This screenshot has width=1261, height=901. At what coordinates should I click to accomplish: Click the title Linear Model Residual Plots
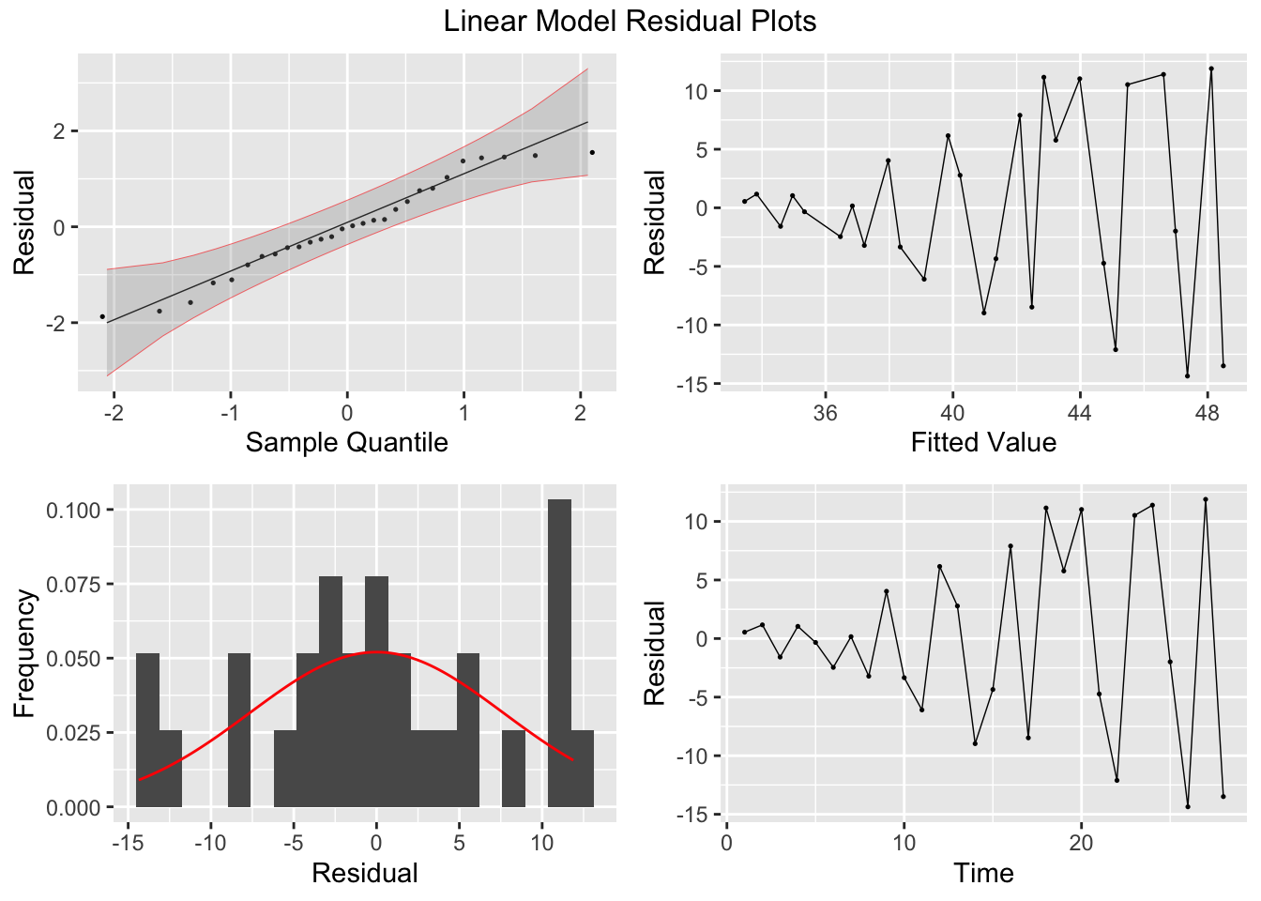tap(630, 21)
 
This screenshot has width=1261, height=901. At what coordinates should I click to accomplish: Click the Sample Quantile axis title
tap(346, 442)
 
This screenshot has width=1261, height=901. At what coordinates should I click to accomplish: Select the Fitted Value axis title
tap(983, 442)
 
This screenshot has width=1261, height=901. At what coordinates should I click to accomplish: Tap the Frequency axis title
tap(24, 653)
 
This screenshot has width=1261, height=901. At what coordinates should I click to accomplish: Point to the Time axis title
tap(983, 874)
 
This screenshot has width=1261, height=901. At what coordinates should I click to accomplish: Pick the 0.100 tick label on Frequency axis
tap(72, 511)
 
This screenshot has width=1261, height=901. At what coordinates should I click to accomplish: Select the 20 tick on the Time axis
tap(1081, 843)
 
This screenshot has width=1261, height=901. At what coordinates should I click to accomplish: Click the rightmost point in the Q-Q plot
tap(592, 152)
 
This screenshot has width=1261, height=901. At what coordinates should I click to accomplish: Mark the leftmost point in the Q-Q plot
tap(102, 316)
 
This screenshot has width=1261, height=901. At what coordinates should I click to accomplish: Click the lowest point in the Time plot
tap(1188, 806)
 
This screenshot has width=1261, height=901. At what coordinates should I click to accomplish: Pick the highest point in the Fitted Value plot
tap(1211, 69)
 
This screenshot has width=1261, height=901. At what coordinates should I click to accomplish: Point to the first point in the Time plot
tap(744, 632)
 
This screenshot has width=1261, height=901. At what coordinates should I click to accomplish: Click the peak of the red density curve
tap(375, 651)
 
